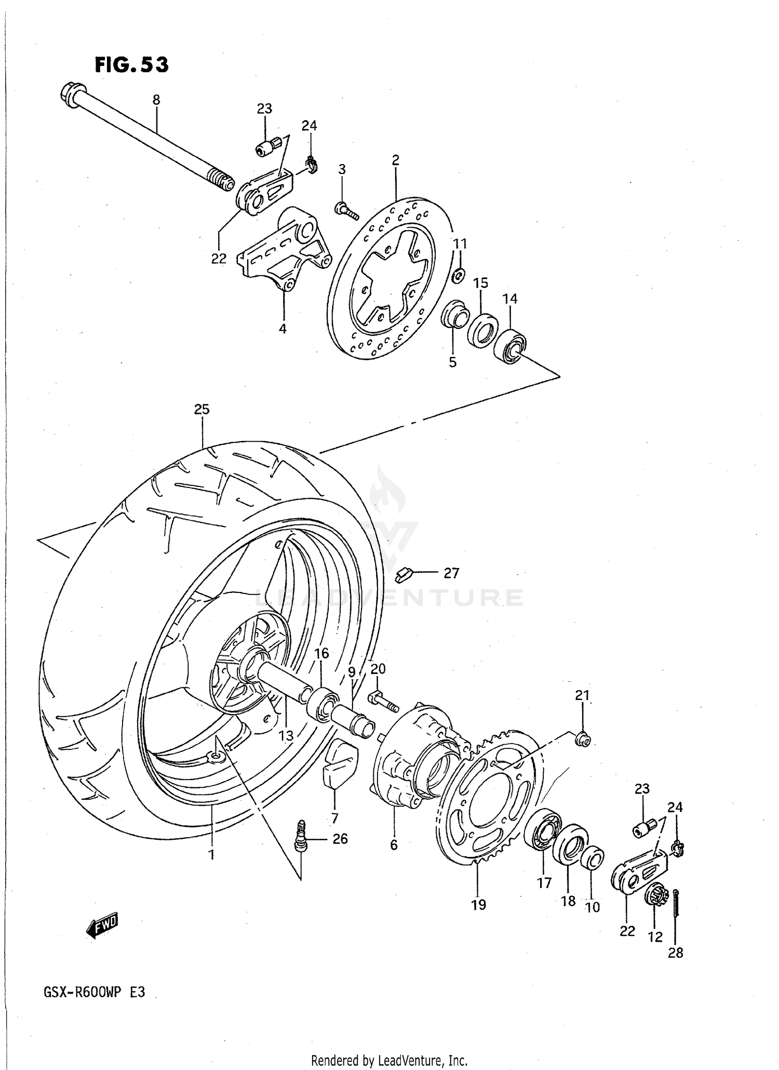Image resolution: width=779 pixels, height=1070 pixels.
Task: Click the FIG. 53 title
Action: pos(132,65)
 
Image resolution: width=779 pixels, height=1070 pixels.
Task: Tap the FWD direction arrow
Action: pos(102,926)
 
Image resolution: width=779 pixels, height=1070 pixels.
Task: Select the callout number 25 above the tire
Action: pos(202,409)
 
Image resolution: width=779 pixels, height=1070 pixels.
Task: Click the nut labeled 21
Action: pos(583,738)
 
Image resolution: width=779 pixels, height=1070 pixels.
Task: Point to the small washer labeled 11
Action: pos(458,276)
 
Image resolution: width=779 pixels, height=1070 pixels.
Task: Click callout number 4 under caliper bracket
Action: pos(283,328)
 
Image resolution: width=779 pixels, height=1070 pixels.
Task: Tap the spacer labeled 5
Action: pos(454,316)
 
